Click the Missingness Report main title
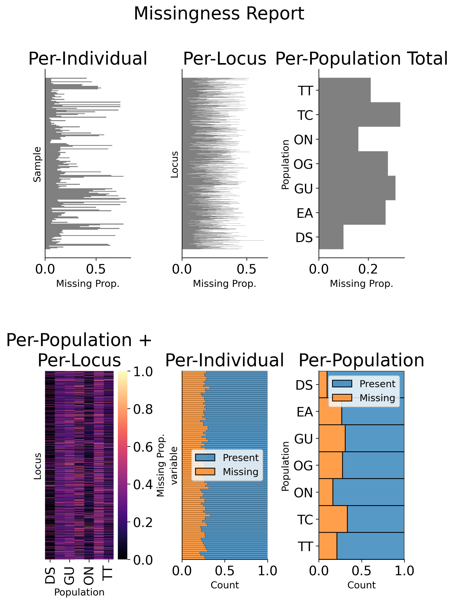tap(219, 14)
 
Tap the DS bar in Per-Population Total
tap(331, 237)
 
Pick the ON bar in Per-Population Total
tap(338, 139)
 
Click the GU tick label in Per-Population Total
tap(303, 189)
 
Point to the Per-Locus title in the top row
tap(224, 59)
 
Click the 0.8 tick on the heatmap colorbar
tap(143, 410)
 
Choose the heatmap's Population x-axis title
tap(79, 592)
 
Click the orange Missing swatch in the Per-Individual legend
tap(205, 472)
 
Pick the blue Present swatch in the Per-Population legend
tap(342, 384)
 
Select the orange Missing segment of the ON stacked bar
tap(326, 492)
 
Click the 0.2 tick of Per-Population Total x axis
tap(368, 269)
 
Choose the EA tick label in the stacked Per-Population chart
tap(305, 412)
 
